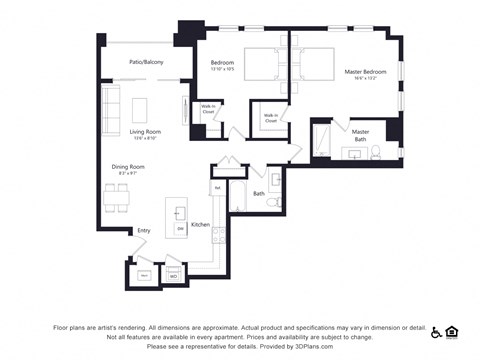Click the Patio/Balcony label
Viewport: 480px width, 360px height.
[x=146, y=62]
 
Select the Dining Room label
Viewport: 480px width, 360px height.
[x=128, y=169]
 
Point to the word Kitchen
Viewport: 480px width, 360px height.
[x=200, y=225]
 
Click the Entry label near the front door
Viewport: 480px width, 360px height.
[x=144, y=231]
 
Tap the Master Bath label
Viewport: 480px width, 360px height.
[x=360, y=134]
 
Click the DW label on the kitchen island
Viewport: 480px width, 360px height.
[x=180, y=229]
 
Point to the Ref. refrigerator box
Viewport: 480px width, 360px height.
[x=217, y=187]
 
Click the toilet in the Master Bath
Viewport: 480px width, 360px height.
[x=375, y=153]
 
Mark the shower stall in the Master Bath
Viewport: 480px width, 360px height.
[x=323, y=141]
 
